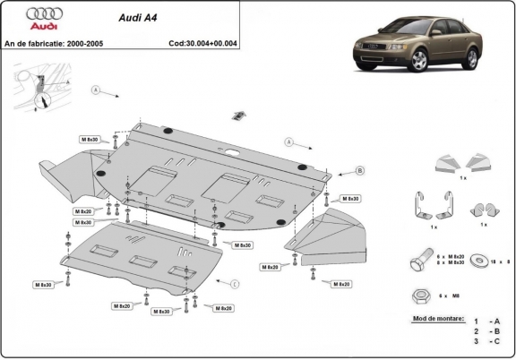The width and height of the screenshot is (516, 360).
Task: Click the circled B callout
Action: pos(359,170)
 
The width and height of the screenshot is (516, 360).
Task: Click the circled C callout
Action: pos(234,284)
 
